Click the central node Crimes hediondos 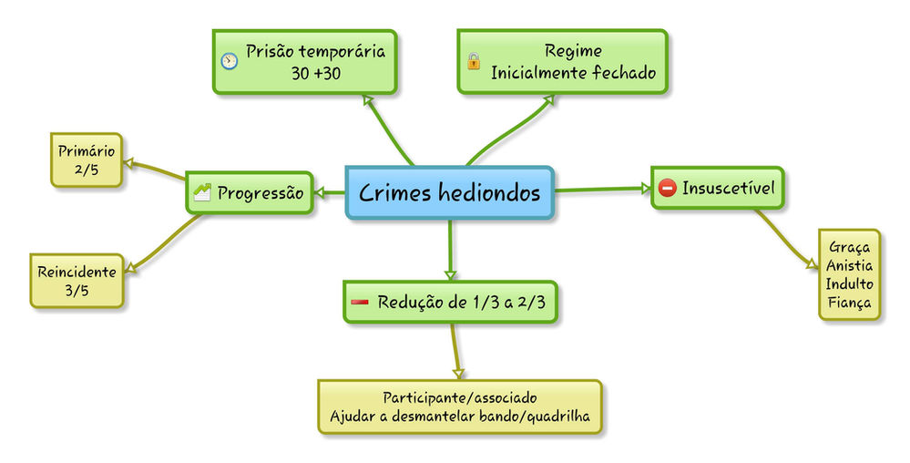tap(449, 192)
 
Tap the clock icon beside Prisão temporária tap(230, 61)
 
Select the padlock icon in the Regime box tap(473, 62)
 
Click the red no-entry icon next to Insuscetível tap(667, 189)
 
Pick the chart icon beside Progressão tap(202, 191)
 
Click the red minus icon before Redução tap(360, 302)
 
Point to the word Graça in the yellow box tap(849, 246)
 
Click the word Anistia tap(849, 265)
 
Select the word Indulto tap(849, 283)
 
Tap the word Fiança tap(849, 303)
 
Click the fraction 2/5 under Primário tap(87, 170)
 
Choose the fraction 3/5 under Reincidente tap(77, 290)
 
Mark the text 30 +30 tap(315, 74)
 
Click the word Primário tap(87, 150)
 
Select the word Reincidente tap(77, 272)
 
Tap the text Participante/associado tap(459, 398)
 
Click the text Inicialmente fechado tap(573, 73)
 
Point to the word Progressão tap(260, 192)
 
